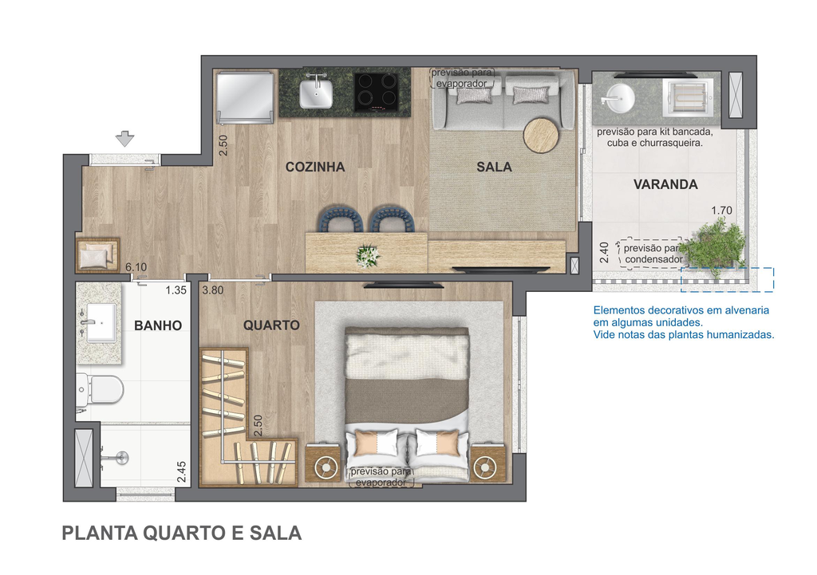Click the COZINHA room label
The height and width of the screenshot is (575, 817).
pyautogui.click(x=314, y=167)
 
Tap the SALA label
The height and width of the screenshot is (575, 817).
pyautogui.click(x=494, y=167)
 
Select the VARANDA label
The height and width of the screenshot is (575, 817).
pyautogui.click(x=665, y=184)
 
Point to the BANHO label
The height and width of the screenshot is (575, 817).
pyautogui.click(x=158, y=325)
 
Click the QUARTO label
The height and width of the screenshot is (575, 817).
pyautogui.click(x=271, y=325)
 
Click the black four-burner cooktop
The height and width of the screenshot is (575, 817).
pyautogui.click(x=377, y=92)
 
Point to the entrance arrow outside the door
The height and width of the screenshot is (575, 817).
pyautogui.click(x=124, y=139)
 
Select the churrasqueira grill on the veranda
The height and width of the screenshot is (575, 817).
pyautogui.click(x=687, y=98)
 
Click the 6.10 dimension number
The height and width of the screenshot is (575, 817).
pyautogui.click(x=136, y=267)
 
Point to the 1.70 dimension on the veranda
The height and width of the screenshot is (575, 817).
pyautogui.click(x=721, y=211)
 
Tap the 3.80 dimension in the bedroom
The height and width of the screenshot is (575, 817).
pyautogui.click(x=212, y=290)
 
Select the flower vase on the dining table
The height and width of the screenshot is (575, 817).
pyautogui.click(x=368, y=256)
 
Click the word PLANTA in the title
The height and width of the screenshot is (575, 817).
pyautogui.click(x=100, y=534)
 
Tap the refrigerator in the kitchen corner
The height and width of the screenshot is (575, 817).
pyautogui.click(x=245, y=97)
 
